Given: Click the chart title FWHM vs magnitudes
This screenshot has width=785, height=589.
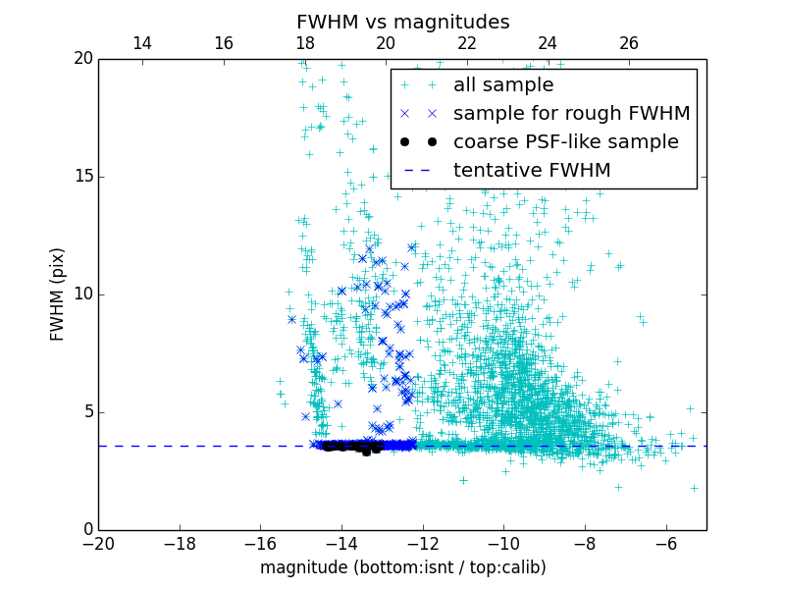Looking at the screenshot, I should tap(402, 22).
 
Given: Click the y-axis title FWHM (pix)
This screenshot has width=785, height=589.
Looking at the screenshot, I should tap(58, 294).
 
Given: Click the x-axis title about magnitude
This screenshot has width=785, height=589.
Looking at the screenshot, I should tap(402, 567).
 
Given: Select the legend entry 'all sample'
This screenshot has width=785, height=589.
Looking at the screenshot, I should tap(503, 85).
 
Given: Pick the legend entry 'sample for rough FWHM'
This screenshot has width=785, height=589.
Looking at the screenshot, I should tap(571, 114).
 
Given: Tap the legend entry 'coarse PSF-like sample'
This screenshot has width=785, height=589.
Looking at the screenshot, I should tap(565, 142).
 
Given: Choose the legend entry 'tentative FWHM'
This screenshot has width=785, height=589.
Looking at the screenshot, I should tap(532, 171).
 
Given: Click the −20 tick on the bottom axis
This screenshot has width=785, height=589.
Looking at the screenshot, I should tap(98, 543).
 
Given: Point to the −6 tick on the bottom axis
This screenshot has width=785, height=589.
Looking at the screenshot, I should tap(666, 543).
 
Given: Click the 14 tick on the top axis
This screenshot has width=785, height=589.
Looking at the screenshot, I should tap(142, 44).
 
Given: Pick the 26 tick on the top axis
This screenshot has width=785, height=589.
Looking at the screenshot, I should tap(629, 44).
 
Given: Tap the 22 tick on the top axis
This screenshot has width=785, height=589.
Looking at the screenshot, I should tap(467, 44).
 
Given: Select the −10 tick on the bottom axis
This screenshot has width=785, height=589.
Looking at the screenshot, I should tap(503, 543).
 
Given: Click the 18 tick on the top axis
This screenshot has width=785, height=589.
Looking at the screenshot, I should tap(305, 44).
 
